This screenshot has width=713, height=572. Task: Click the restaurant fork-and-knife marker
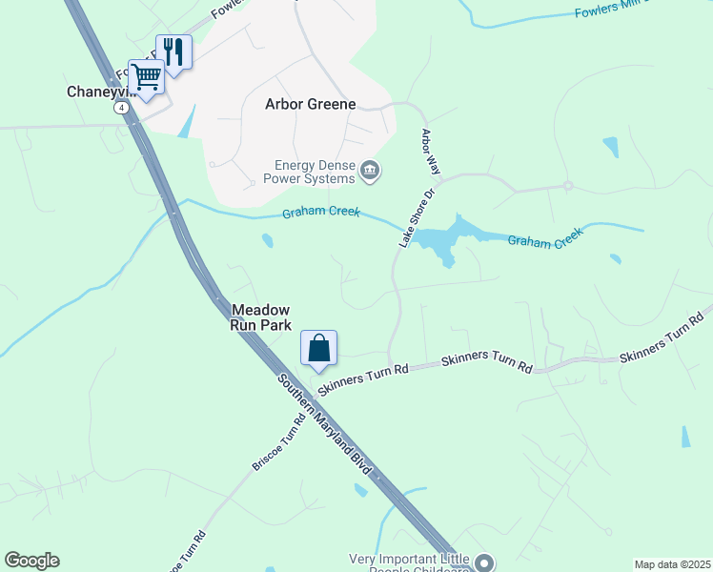(x=173, y=51)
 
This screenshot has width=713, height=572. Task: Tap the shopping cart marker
(x=146, y=76)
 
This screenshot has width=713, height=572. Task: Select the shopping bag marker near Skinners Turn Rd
(x=319, y=348)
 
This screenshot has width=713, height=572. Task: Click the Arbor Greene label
(x=310, y=105)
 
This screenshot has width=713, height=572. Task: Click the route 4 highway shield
(x=121, y=108)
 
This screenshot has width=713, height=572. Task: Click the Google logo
(x=31, y=561)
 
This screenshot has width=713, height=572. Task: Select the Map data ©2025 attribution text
(x=672, y=564)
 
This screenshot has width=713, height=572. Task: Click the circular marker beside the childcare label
(x=483, y=562)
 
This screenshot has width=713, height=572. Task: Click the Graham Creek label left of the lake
(x=320, y=213)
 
